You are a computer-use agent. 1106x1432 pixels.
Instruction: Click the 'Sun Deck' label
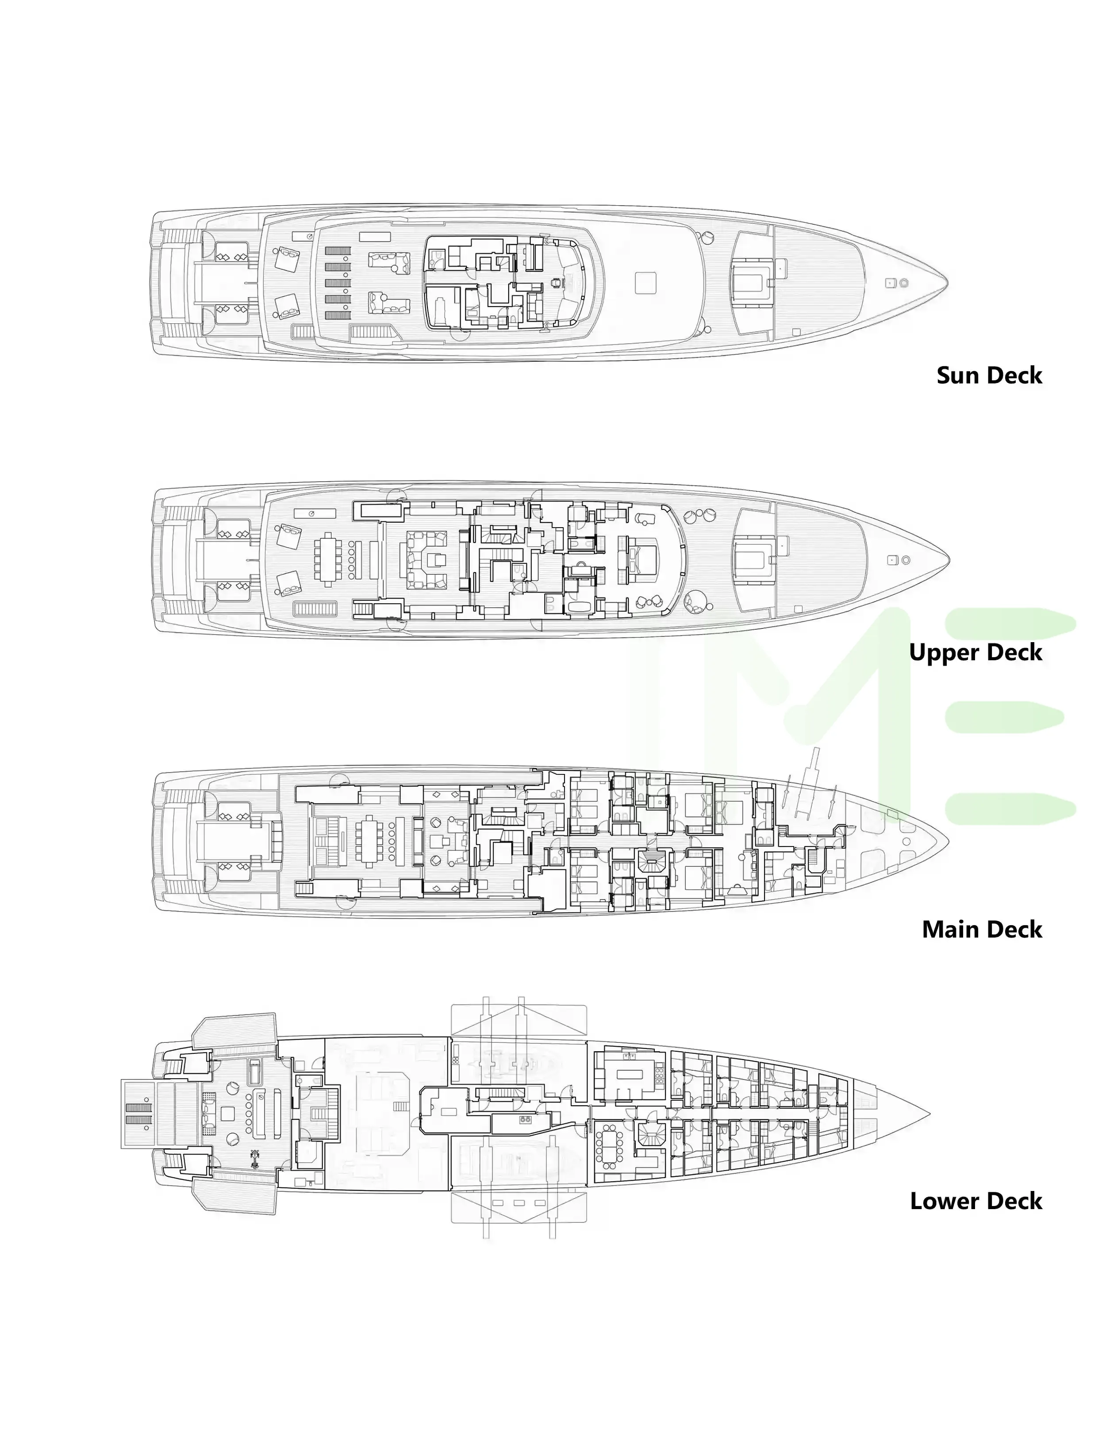tap(989, 376)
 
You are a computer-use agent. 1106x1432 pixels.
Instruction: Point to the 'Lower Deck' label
tap(975, 1201)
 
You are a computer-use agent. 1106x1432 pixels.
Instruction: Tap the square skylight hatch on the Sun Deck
tap(645, 283)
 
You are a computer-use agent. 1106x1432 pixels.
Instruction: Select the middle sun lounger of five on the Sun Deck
tap(338, 283)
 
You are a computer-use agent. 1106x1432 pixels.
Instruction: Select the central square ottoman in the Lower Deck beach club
tap(228, 1113)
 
